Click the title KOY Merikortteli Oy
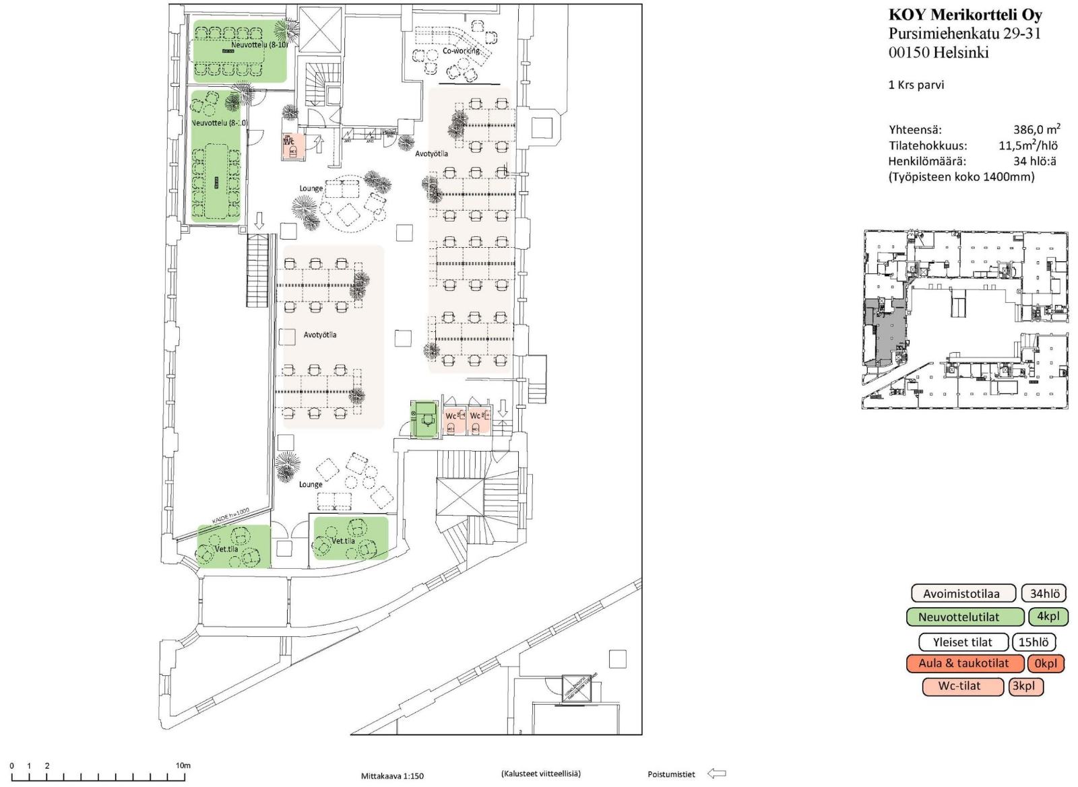point(965,15)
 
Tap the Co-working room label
point(462,50)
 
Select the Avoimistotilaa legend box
point(963,594)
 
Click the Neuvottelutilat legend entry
point(967,617)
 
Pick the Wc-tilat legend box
point(962,686)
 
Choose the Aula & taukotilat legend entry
point(964,664)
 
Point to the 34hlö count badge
point(1044,594)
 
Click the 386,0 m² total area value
point(1036,130)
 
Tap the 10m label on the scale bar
point(183,765)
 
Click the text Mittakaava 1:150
point(392,776)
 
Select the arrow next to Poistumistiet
point(716,774)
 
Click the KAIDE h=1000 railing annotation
point(230,516)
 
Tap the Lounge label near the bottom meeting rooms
point(311,484)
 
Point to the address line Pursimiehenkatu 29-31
point(964,34)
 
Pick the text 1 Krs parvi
point(916,85)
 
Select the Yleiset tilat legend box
point(963,642)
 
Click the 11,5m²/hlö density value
point(1027,145)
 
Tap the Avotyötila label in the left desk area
point(319,335)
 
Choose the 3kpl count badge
point(1025,686)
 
